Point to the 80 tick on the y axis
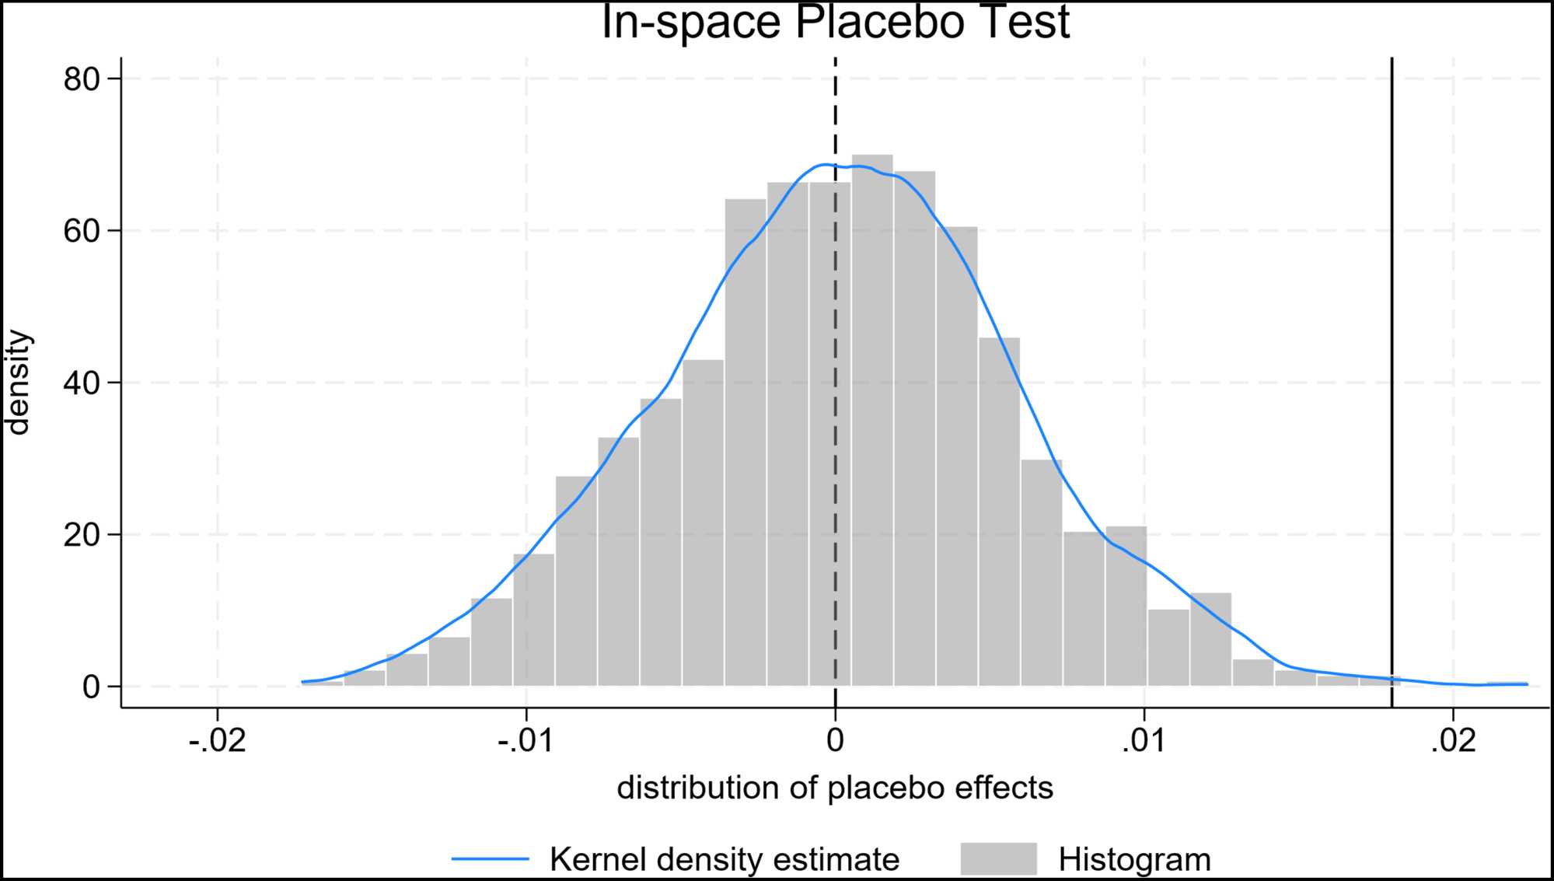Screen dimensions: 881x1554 [82, 79]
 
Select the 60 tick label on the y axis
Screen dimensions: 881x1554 [82, 231]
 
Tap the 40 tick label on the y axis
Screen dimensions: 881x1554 [82, 383]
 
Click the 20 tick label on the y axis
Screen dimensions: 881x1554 [82, 535]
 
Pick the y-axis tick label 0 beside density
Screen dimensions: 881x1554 [91, 687]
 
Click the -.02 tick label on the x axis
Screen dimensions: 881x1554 [217, 741]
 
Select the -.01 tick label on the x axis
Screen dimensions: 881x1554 [526, 741]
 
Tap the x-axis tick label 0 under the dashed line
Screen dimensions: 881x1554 [835, 741]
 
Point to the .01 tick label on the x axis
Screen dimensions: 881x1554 [1144, 741]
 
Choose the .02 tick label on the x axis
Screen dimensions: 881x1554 [1453, 741]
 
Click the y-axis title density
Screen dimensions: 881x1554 [17, 383]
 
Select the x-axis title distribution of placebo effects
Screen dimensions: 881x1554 [835, 788]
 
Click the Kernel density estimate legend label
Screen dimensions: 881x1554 [724, 859]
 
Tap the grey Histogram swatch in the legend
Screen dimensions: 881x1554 [998, 859]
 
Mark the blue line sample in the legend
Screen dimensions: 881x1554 [490, 859]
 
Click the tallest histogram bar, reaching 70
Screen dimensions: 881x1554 [872, 420]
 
